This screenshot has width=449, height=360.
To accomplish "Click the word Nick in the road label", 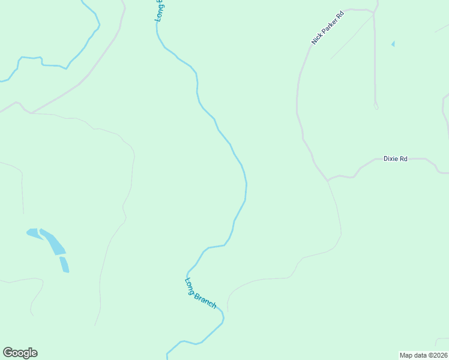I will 316,39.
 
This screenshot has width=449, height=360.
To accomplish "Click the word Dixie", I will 391,159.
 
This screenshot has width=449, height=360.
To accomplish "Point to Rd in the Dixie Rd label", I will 404,159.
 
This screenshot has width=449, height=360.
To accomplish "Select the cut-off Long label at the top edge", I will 160,11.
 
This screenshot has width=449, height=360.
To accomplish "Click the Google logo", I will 20,353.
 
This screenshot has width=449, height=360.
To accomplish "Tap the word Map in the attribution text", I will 406,355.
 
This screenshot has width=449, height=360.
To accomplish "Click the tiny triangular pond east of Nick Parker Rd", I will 393,44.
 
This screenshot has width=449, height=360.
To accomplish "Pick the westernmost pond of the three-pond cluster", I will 34,233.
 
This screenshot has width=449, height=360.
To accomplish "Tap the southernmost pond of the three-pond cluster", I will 64,265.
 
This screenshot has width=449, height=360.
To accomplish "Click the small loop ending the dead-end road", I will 376,106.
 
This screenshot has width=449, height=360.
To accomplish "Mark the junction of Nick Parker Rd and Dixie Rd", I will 327,179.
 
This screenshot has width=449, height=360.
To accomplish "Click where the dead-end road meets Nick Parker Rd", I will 373,13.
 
